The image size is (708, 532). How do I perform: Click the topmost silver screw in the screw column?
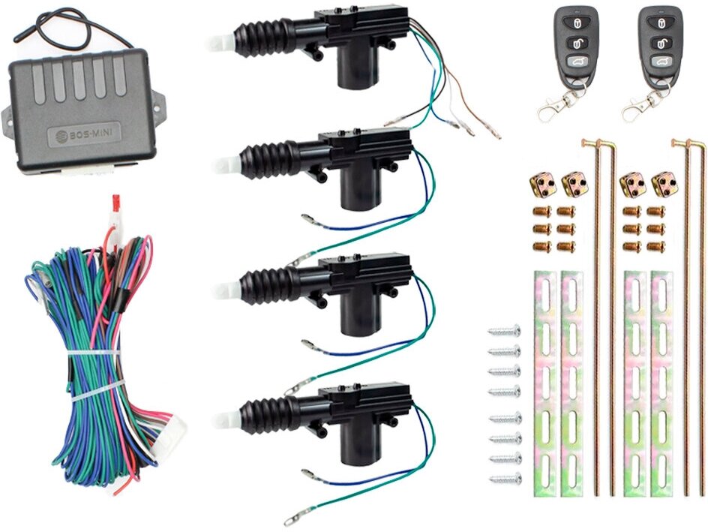504,330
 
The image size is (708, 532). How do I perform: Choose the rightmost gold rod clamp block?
663,183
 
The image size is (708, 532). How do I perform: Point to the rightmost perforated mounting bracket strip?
662,383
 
